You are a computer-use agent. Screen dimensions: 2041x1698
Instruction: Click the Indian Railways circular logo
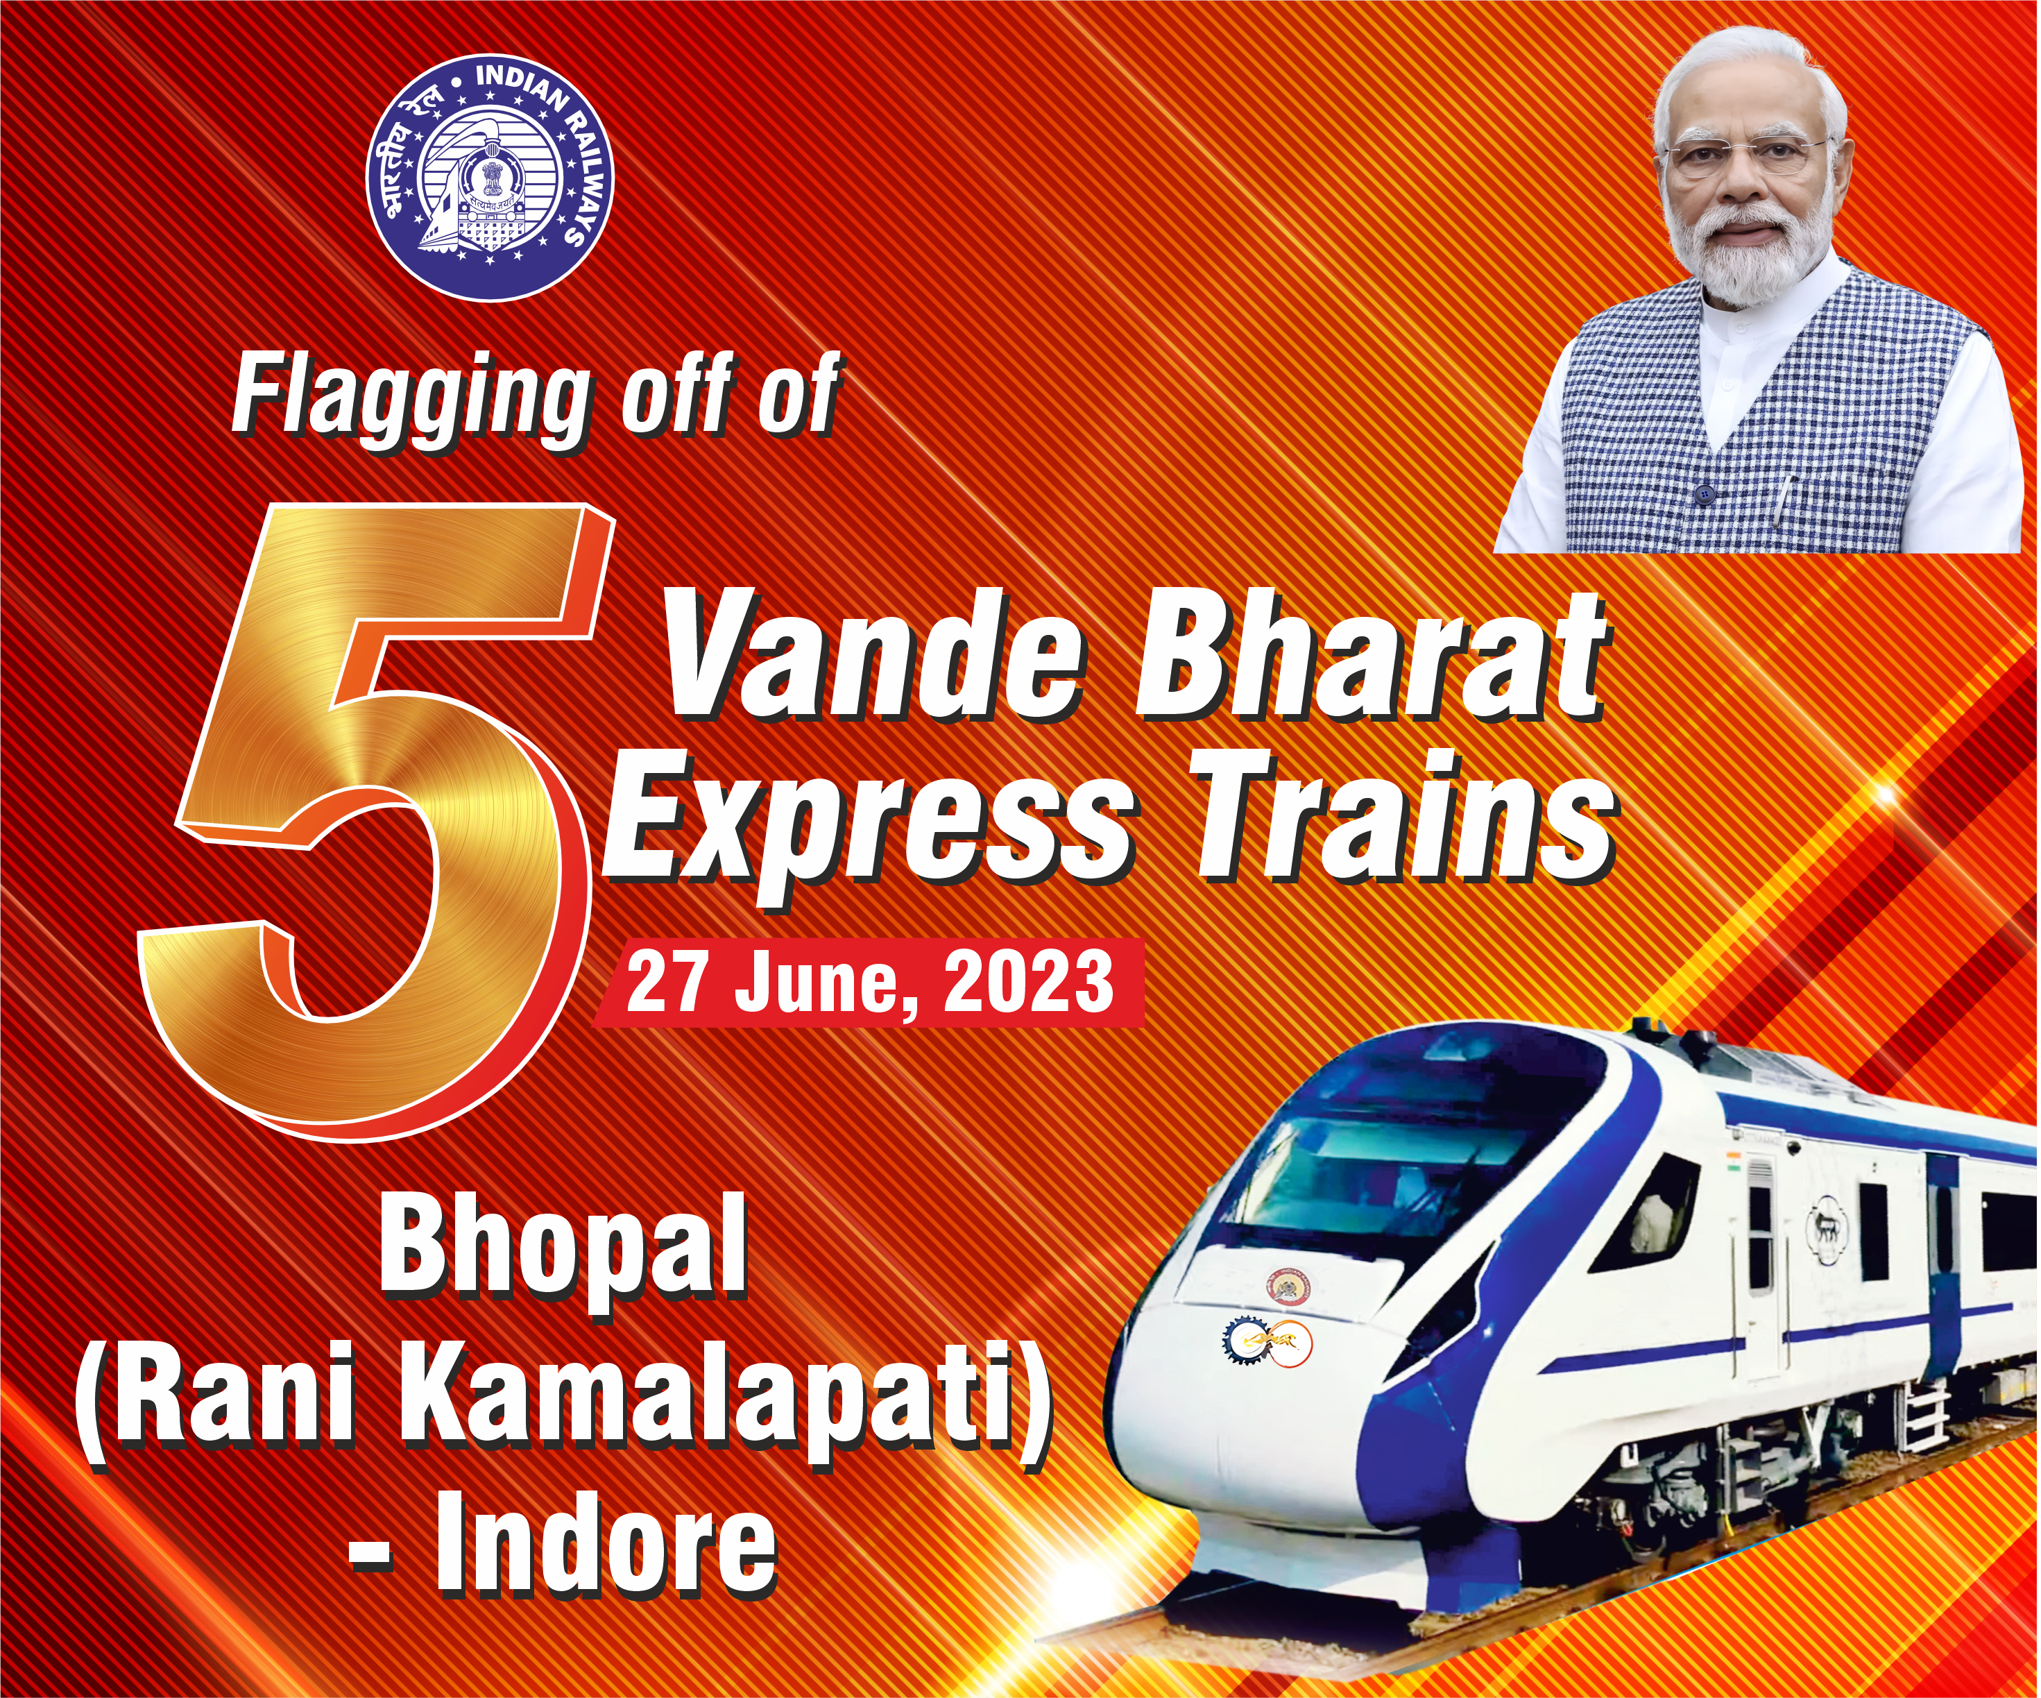click(x=490, y=178)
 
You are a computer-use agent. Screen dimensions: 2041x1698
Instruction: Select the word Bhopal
click(x=564, y=1249)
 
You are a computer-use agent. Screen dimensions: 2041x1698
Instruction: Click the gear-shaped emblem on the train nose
click(x=1241, y=1344)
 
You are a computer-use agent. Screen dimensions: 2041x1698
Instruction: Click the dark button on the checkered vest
click(x=1702, y=495)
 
